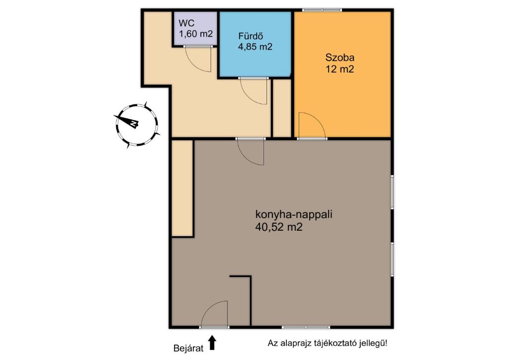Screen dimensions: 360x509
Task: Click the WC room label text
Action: (x=186, y=23)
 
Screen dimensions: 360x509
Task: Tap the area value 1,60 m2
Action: (x=196, y=34)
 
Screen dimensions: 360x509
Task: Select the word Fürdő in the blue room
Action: (x=251, y=36)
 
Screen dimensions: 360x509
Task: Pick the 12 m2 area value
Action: (x=339, y=69)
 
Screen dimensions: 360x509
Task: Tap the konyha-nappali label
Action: (x=293, y=215)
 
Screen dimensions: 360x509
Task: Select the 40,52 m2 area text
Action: (x=279, y=228)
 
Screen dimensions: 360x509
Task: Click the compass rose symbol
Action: (x=137, y=124)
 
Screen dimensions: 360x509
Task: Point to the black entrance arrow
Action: (x=212, y=343)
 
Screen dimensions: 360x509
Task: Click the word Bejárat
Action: (x=188, y=348)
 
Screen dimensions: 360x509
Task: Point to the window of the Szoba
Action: (x=322, y=9)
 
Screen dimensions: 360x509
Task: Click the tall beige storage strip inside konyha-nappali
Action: (x=182, y=188)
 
